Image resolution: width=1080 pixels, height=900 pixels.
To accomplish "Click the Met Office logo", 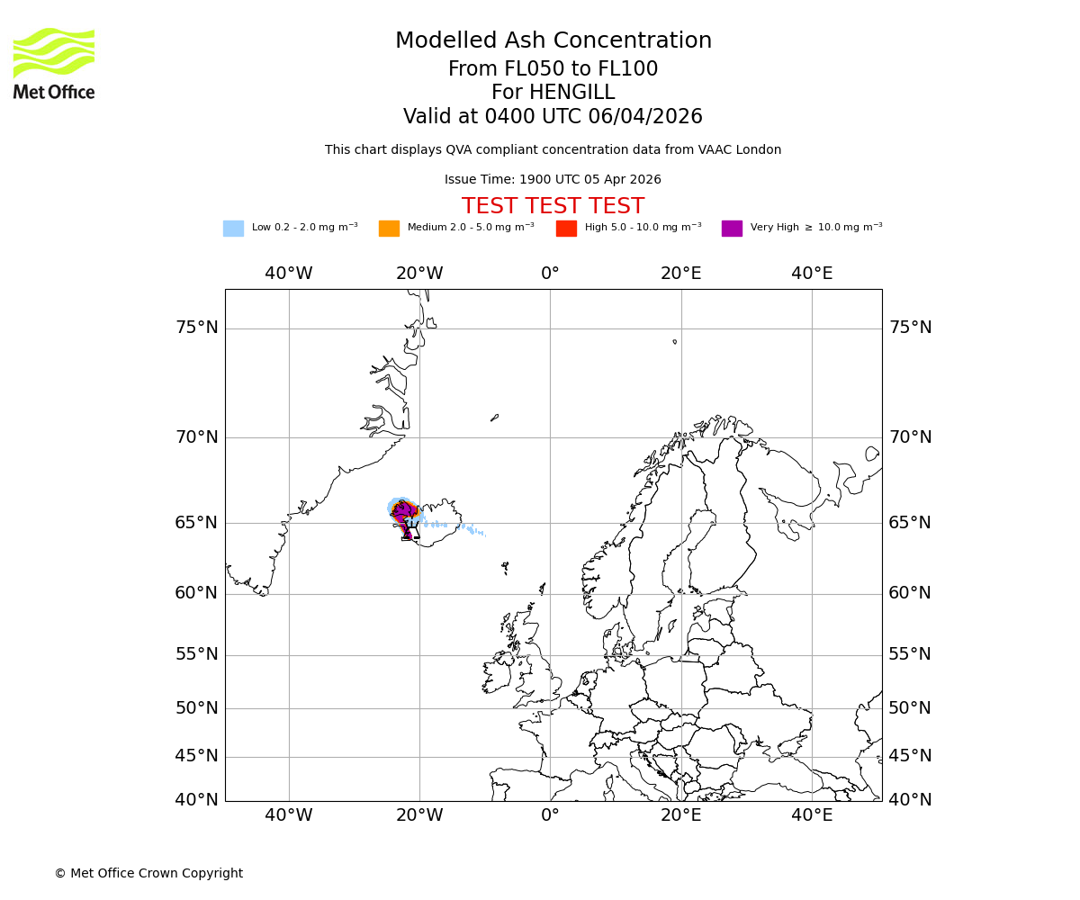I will pyautogui.click(x=54, y=63).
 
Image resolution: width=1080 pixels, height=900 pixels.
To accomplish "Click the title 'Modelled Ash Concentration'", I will pyautogui.click(x=553, y=41).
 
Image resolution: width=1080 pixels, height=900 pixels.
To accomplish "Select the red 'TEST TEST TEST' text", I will pyautogui.click(x=553, y=206).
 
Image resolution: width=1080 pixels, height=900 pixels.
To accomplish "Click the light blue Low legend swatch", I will pyautogui.click(x=233, y=228).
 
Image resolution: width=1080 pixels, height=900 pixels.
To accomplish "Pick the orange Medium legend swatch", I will pyautogui.click(x=389, y=228).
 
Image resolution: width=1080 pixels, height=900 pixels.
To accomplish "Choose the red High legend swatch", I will pyautogui.click(x=566, y=228).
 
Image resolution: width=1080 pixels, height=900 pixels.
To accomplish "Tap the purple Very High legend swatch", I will pyautogui.click(x=732, y=228).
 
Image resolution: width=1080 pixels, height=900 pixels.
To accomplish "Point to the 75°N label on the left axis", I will pyautogui.click(x=197, y=328).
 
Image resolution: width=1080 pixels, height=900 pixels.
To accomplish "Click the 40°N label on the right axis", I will pyautogui.click(x=910, y=800).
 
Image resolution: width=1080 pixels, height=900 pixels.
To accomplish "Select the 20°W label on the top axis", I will pyautogui.click(x=419, y=274).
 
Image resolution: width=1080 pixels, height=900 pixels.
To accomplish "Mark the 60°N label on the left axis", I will pyautogui.click(x=197, y=593).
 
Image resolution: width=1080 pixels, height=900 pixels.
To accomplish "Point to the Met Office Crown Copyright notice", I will pyautogui.click(x=148, y=873).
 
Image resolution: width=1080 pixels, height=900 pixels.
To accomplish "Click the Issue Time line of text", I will pyautogui.click(x=553, y=180).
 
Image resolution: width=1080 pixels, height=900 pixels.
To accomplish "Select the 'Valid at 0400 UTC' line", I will pyautogui.click(x=553, y=117).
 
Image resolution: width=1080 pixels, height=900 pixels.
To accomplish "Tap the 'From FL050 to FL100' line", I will pyautogui.click(x=553, y=69).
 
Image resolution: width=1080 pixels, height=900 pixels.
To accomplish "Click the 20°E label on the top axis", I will pyautogui.click(x=681, y=274).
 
